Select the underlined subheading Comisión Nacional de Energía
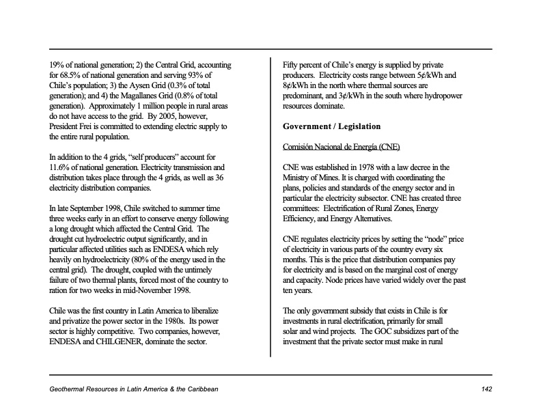(342, 148)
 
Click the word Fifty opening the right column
(292, 65)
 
